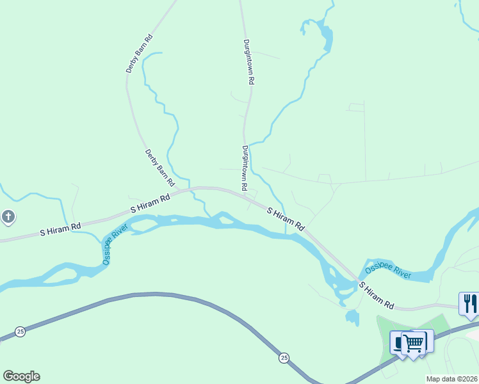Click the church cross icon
tap(8, 218)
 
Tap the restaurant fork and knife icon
tap(469, 303)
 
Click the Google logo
tap(21, 376)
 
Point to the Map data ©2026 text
tap(452, 379)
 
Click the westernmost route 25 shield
tap(20, 332)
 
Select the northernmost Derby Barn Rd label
tap(140, 53)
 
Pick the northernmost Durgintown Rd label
tap(249, 62)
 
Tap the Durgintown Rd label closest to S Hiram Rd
tap(244, 168)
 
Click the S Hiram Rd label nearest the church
tap(61, 228)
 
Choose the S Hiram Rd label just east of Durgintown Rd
tap(285, 219)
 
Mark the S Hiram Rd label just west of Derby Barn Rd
tap(150, 204)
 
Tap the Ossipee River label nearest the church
tap(115, 244)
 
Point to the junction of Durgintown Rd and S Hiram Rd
tap(245, 194)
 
